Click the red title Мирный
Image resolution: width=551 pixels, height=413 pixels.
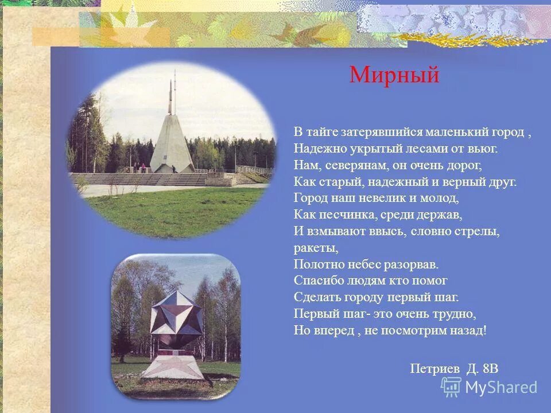[394, 75]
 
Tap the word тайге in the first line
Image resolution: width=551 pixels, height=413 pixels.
[323, 132]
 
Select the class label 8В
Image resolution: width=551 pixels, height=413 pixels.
[490, 368]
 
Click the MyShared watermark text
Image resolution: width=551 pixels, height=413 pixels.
[501, 387]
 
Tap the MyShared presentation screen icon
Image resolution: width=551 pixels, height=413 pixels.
[451, 387]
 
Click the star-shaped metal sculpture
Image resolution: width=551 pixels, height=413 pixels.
[174, 313]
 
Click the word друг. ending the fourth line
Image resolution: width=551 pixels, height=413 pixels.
[503, 182]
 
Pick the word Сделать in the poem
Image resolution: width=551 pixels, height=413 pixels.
[317, 297]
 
